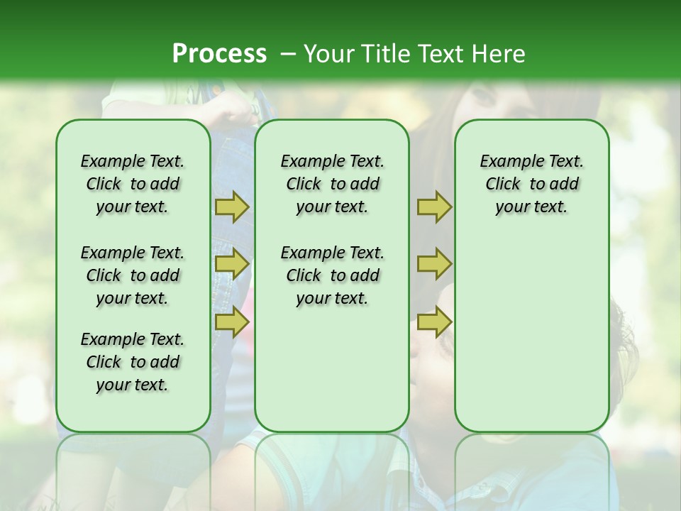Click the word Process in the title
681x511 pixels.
[219, 54]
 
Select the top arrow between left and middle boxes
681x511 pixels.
[232, 207]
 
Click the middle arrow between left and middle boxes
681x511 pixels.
[232, 264]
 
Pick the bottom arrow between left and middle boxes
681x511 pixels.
[232, 322]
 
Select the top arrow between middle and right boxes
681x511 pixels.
[434, 207]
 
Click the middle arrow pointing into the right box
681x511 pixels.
[434, 264]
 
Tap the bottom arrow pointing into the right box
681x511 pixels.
[434, 322]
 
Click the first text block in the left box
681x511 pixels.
[133, 184]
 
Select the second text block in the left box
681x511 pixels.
[133, 275]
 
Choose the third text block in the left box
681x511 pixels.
[133, 362]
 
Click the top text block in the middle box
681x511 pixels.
[332, 184]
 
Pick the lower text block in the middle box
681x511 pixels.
[332, 275]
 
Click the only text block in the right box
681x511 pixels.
[531, 184]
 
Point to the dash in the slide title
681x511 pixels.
[288, 54]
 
